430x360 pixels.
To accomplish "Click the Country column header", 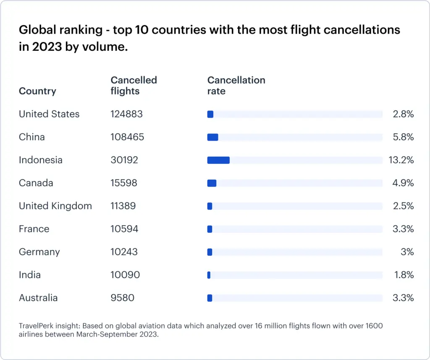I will (37, 91).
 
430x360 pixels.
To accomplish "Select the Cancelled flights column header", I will (134, 85).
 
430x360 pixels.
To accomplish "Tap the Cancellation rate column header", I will (236, 85).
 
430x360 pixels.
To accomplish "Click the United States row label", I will (49, 114).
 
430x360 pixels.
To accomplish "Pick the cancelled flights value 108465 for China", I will (127, 137).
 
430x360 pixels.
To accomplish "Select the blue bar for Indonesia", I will (218, 160).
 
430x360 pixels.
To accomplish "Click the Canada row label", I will (36, 183).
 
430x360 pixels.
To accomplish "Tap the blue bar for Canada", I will (212, 183).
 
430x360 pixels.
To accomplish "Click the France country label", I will (34, 229).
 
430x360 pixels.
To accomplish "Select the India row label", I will (30, 275).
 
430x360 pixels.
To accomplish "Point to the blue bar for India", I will (209, 275).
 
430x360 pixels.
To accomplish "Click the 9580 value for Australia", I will (122, 298).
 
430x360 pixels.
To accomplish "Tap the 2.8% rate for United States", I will (403, 114).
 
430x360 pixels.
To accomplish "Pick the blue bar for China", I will (212, 137).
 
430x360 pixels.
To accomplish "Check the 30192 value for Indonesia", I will (124, 160).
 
